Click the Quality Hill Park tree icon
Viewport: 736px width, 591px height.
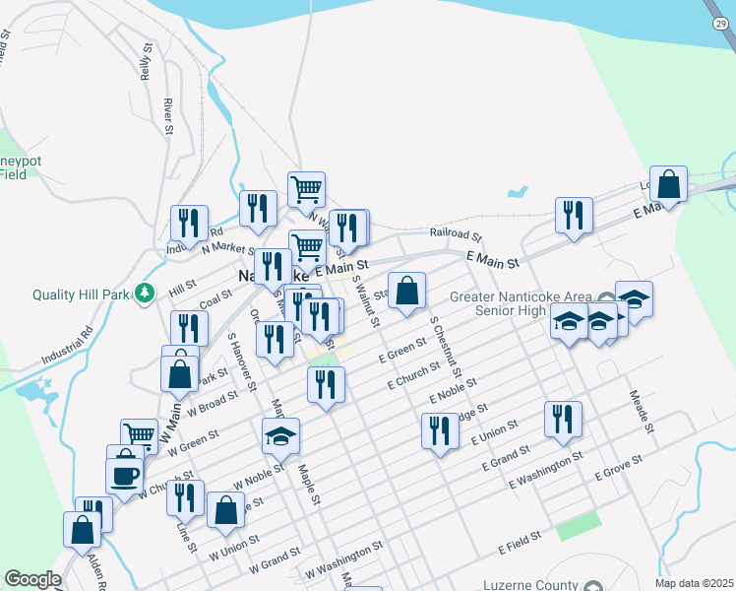(x=145, y=293)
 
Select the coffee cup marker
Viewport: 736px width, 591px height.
(x=125, y=474)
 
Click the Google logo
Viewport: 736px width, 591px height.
(x=32, y=579)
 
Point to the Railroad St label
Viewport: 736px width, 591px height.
(x=456, y=235)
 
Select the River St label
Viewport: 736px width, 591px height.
(x=168, y=115)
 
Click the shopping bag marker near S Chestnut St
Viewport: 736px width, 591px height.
(x=407, y=291)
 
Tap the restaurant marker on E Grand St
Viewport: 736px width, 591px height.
(x=563, y=418)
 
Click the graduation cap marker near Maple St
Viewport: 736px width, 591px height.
(x=280, y=434)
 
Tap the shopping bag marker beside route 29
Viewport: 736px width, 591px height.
(x=668, y=184)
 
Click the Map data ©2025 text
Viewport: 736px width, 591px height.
(x=695, y=583)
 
